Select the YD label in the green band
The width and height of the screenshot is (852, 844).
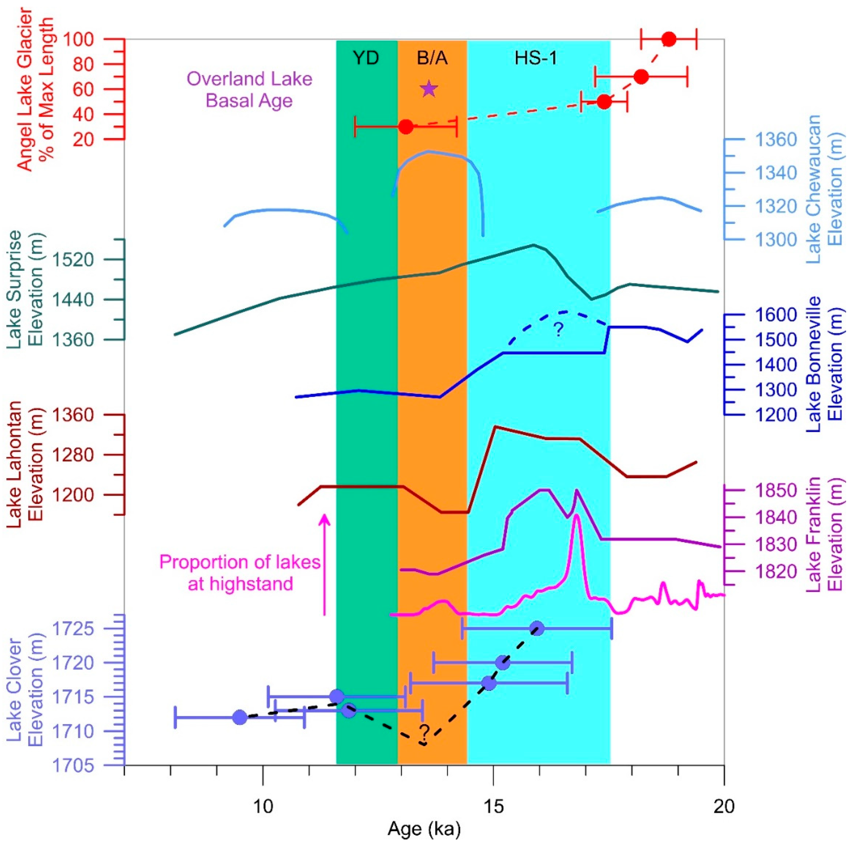coord(366,58)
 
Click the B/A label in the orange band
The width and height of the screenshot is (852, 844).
coord(432,58)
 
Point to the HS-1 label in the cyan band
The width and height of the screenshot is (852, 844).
coord(536,58)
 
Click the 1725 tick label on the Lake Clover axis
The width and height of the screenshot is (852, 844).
coord(73,629)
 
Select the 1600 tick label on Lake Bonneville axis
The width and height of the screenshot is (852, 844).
coord(776,315)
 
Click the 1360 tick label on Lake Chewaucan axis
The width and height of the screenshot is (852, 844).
coord(776,140)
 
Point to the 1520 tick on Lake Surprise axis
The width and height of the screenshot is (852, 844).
coord(73,260)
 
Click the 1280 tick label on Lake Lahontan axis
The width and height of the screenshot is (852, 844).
coord(73,455)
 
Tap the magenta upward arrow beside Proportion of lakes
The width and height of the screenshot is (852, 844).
coord(325,565)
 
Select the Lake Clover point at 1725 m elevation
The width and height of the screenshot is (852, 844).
coord(537,628)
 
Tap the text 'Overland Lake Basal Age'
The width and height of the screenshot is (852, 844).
coord(249,90)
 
